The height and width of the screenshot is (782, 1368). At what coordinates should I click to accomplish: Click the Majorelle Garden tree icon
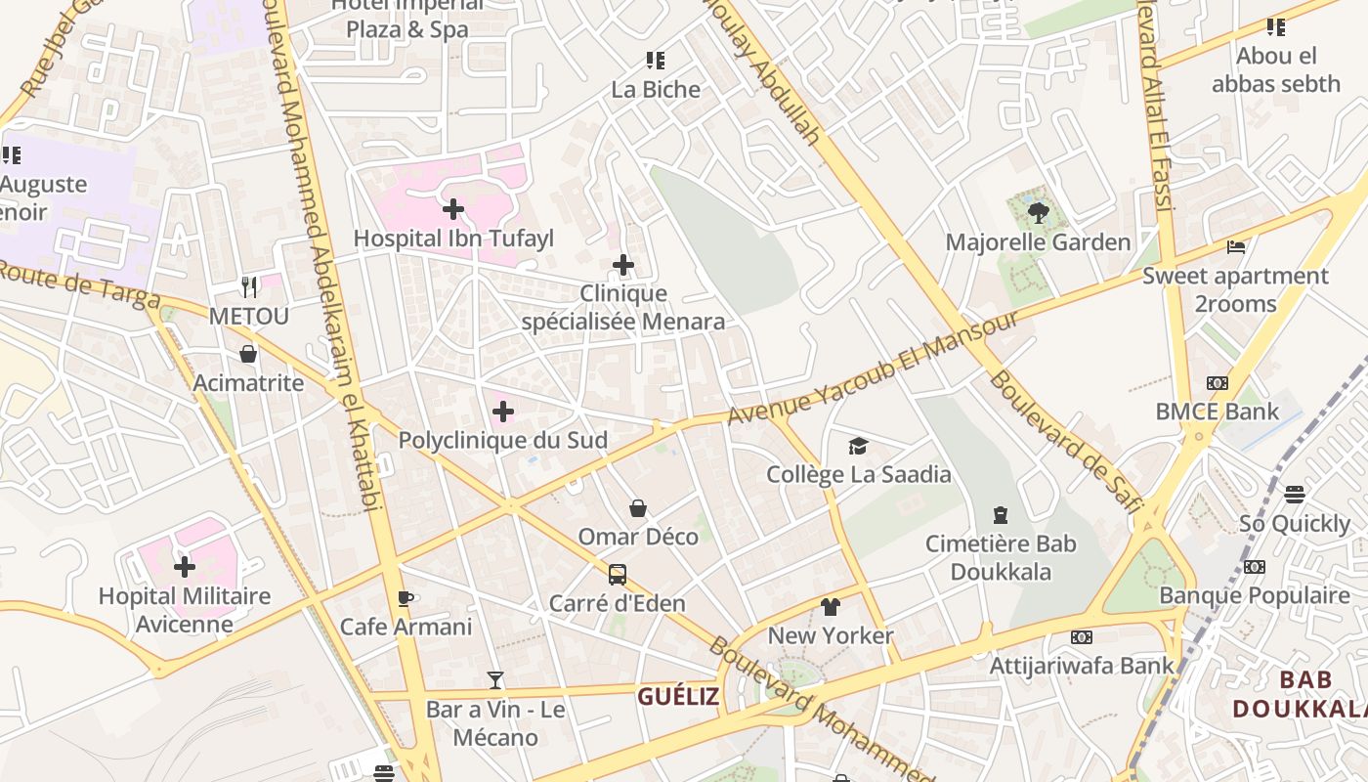(x=1038, y=212)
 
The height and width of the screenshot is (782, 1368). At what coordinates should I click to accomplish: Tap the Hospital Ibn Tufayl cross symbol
(x=453, y=208)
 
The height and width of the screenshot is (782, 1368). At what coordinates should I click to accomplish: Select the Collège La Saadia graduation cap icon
(x=858, y=446)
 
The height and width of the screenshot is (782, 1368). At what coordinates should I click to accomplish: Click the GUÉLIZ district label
(x=678, y=697)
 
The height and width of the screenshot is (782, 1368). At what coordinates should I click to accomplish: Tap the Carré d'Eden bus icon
(x=617, y=575)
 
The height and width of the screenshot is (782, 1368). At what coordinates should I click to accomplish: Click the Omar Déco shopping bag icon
(x=638, y=508)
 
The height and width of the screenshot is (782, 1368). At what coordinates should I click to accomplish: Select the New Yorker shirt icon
(x=831, y=607)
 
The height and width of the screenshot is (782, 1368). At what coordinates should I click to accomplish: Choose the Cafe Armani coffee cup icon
(x=406, y=598)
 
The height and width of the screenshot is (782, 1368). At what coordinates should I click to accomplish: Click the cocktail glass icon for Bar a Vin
(x=495, y=680)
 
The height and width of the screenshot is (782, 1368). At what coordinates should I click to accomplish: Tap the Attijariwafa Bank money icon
(x=1082, y=637)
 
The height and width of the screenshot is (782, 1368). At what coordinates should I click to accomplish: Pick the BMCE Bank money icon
(x=1217, y=383)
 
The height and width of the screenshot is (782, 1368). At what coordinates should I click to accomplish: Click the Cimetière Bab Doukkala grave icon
(x=1000, y=515)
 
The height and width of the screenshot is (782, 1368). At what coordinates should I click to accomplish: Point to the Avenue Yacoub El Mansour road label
(x=875, y=369)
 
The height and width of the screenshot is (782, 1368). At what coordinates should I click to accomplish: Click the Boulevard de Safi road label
(x=1065, y=440)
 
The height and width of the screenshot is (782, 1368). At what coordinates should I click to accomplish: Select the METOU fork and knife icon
(x=249, y=287)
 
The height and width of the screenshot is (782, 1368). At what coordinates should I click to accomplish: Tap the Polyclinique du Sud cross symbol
(x=503, y=412)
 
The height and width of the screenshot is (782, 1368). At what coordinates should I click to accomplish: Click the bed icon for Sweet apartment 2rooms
(x=1236, y=247)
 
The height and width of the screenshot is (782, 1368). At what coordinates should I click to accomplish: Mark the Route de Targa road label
(x=73, y=282)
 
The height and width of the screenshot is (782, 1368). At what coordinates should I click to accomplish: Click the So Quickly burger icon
(x=1295, y=495)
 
